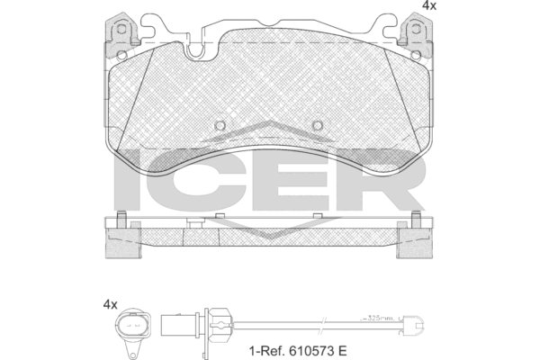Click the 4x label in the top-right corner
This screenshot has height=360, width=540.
(429, 6)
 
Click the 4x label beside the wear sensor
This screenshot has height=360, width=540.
(110, 305)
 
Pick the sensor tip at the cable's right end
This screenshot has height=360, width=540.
(415, 322)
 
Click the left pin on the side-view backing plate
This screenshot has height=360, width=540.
(119, 218)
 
